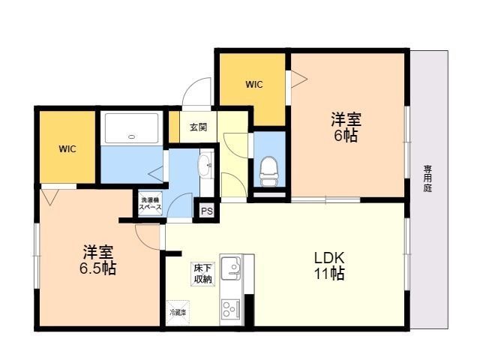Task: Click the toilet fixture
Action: click(269, 172)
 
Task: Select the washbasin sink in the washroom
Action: click(204, 165)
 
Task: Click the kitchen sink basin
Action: click(232, 268)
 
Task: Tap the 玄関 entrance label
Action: click(198, 127)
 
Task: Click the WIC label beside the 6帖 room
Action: click(253, 85)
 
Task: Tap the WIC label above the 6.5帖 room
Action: click(67, 148)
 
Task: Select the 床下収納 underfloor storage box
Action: click(202, 273)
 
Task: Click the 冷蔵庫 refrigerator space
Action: click(178, 311)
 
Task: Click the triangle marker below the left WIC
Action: click(50, 197)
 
